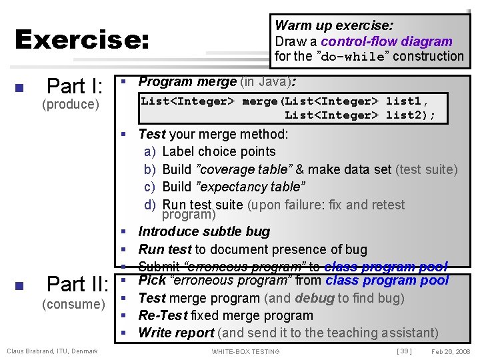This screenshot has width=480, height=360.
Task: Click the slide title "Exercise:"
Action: (81, 41)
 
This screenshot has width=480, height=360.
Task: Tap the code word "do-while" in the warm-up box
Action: (353, 57)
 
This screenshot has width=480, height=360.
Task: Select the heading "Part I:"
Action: (75, 86)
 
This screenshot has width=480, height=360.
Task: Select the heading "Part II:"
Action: (77, 285)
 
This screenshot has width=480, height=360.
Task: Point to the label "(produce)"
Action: (70, 105)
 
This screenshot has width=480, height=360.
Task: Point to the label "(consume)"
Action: (73, 305)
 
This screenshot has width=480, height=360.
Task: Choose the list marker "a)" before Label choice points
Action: (150, 152)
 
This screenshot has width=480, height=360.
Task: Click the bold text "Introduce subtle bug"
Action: (204, 231)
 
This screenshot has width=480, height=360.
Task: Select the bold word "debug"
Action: (314, 298)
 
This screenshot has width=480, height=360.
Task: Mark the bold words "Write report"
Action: (176, 333)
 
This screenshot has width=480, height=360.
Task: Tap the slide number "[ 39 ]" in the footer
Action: (404, 351)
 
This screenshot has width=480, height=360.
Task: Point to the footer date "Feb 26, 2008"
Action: (450, 351)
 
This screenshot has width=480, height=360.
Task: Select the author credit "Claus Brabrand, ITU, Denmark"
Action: (52, 351)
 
